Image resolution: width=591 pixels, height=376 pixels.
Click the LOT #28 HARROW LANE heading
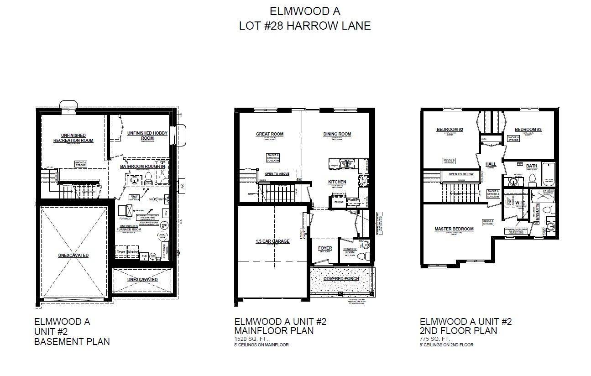(305, 26)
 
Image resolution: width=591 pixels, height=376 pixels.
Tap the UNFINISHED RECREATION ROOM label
(73, 138)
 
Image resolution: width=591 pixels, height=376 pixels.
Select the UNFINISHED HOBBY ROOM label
(147, 136)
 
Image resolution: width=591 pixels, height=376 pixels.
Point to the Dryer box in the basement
(120, 251)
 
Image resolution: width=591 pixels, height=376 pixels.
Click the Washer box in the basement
(133, 251)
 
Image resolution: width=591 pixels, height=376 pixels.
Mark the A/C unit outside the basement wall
(181, 186)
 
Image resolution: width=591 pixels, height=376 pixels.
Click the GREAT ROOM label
(269, 134)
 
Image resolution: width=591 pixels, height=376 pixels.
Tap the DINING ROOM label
(337, 134)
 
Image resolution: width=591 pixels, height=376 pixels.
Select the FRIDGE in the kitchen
(339, 202)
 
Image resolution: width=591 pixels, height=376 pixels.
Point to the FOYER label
(325, 248)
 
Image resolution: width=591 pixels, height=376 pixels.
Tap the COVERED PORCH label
(341, 278)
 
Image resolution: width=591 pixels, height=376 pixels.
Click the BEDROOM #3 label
(528, 130)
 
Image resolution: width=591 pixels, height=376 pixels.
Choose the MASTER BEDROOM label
(454, 229)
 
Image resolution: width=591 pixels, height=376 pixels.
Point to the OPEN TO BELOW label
(461, 174)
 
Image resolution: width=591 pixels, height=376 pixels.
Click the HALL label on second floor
(491, 164)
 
